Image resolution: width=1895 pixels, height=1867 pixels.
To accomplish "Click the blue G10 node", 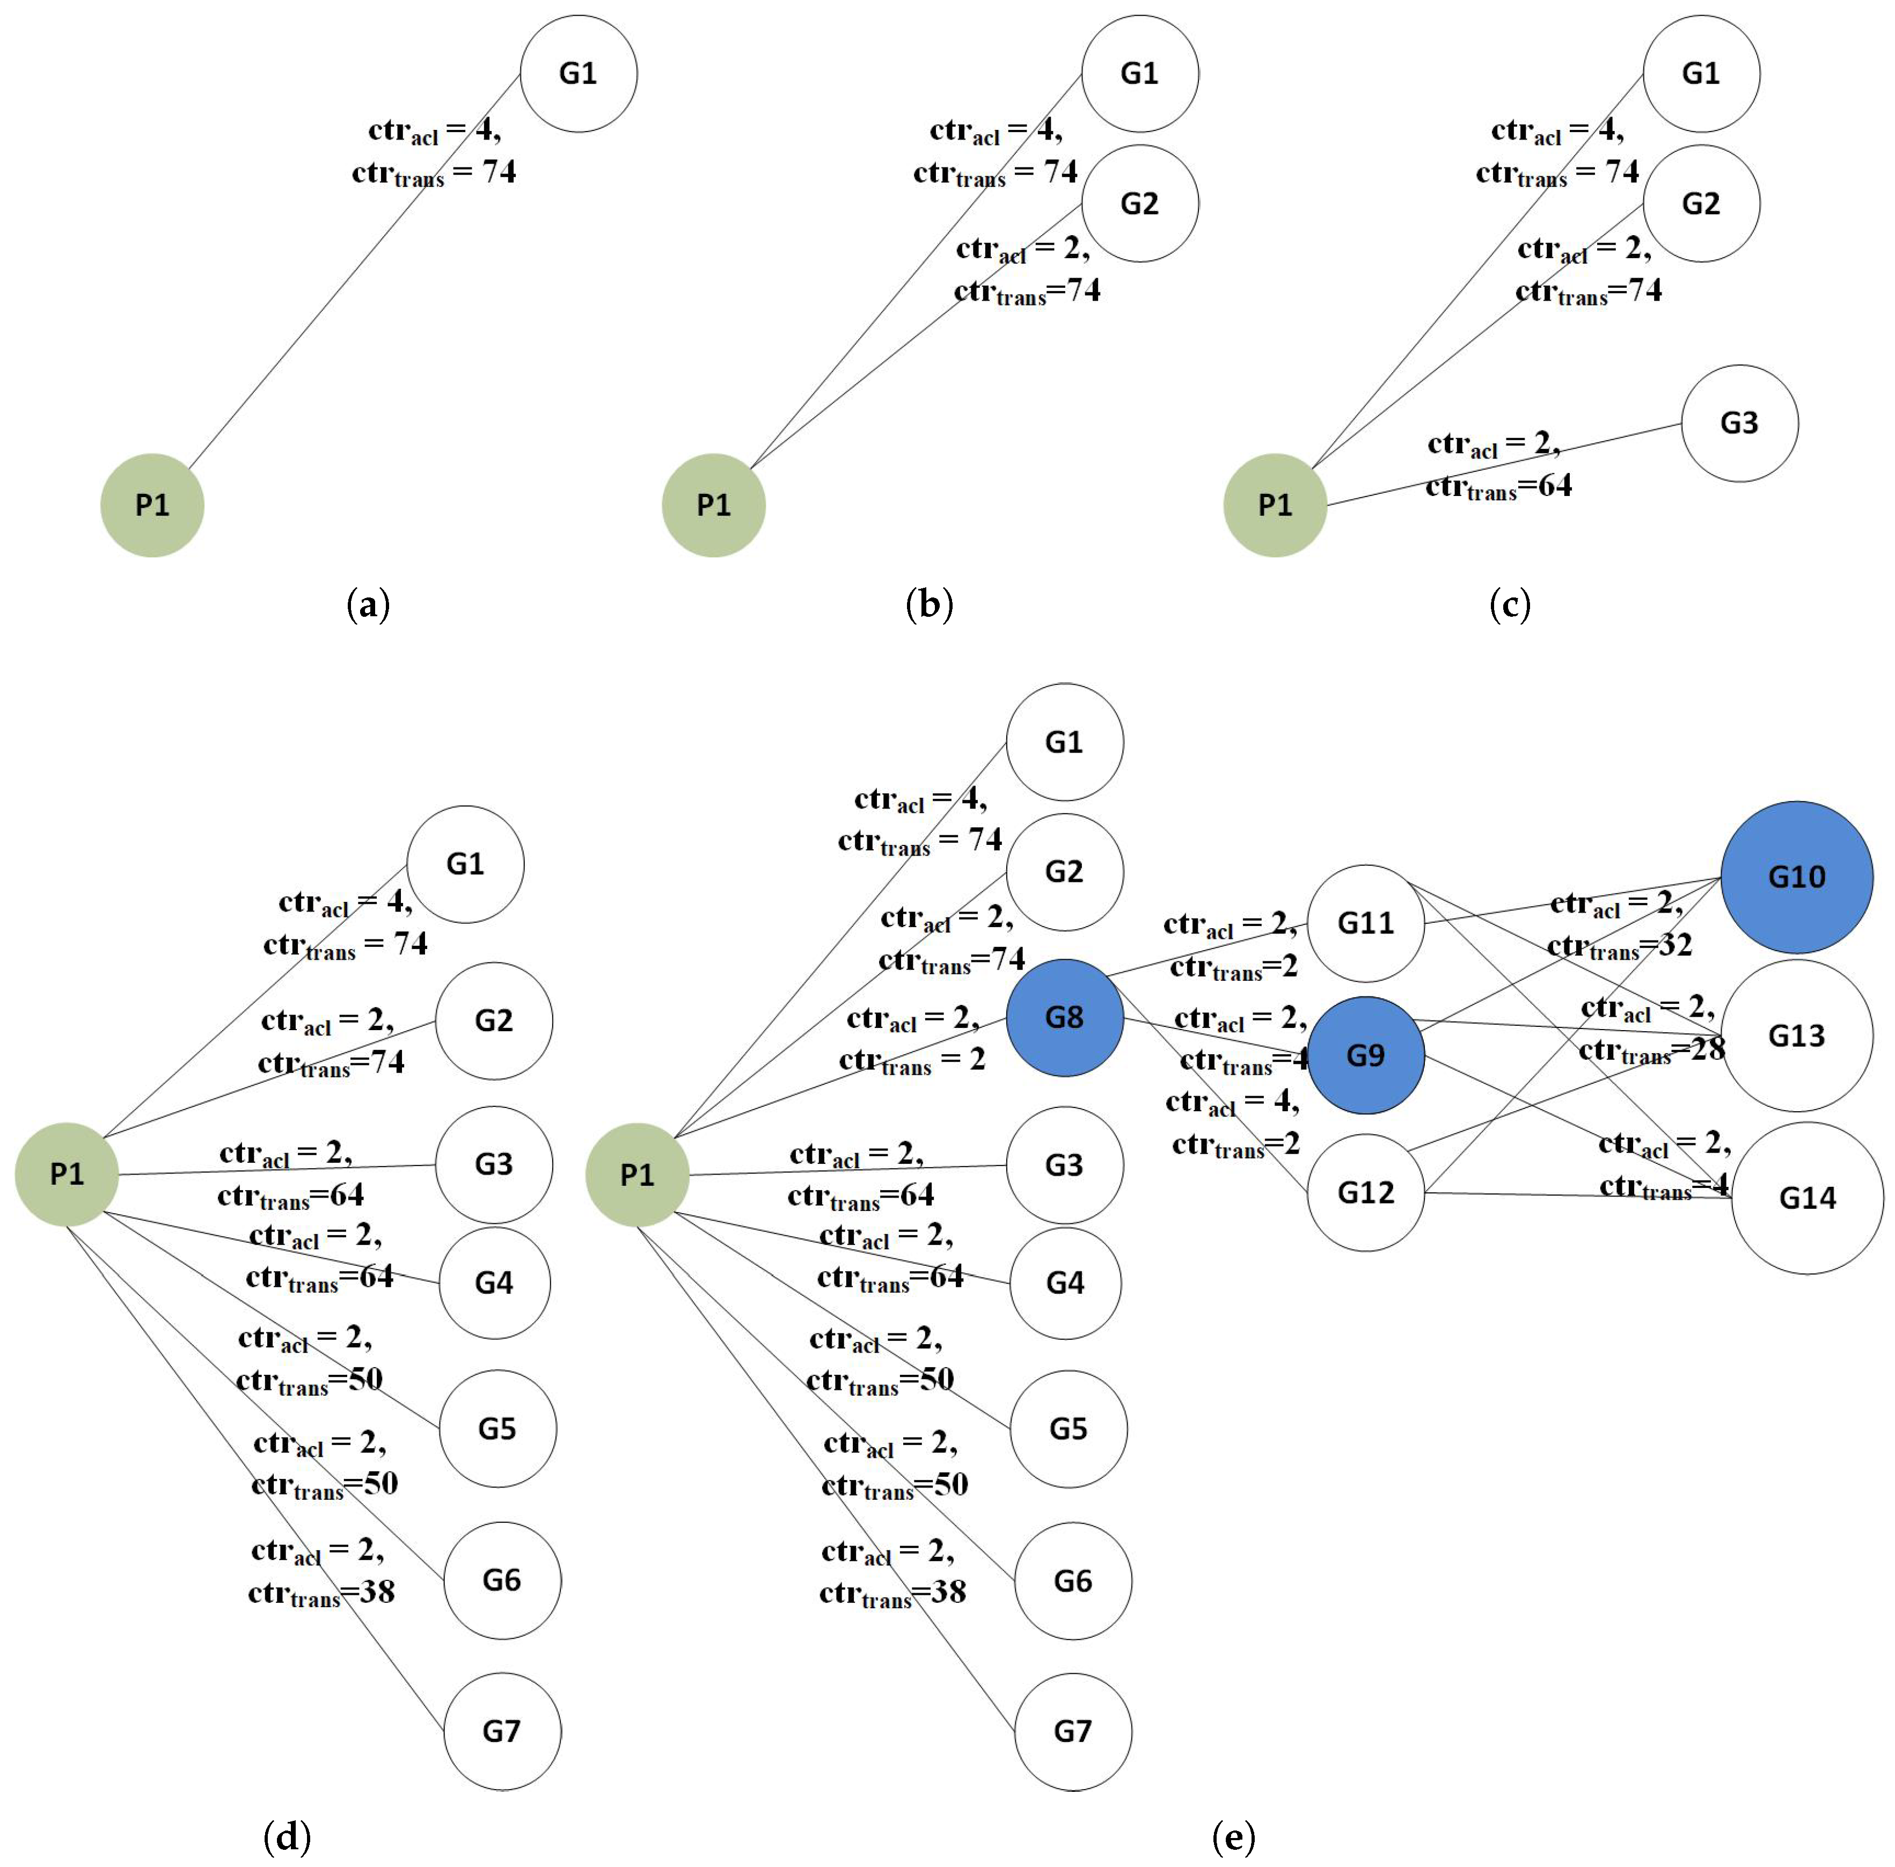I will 1796,877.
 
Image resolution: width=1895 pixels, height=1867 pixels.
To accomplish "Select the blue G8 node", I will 1064,1017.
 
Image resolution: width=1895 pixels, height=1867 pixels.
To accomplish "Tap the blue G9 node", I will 1365,1055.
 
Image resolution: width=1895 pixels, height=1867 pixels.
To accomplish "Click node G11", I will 1365,923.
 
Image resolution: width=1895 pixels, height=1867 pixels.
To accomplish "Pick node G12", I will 1365,1192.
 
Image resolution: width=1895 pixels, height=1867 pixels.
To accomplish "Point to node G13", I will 1796,1035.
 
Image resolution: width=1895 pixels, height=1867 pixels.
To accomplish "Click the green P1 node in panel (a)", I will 152,505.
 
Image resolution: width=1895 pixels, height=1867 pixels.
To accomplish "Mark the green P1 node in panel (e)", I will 636,1174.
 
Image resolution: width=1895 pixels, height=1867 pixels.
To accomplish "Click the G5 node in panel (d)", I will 497,1428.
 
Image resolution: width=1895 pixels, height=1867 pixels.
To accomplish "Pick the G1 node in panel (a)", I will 577,74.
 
